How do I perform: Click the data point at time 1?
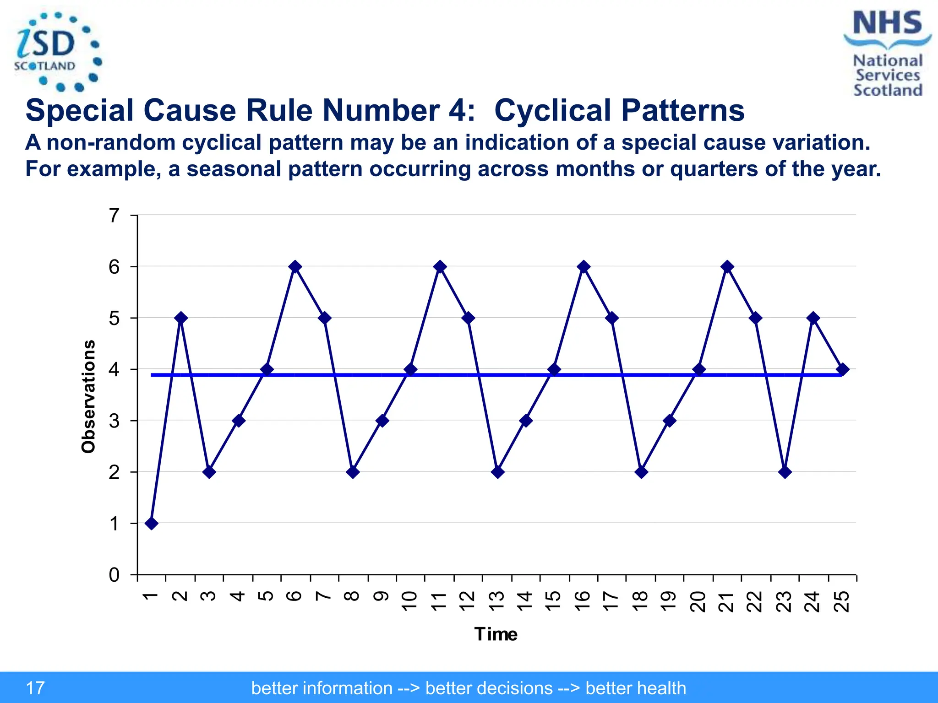click(x=152, y=523)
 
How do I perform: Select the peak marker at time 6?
click(x=295, y=266)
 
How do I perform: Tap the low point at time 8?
click(x=353, y=472)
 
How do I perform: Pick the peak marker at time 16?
click(x=584, y=266)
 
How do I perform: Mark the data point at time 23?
click(x=785, y=472)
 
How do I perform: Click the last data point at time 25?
click(x=842, y=369)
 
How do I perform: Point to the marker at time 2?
click(x=181, y=318)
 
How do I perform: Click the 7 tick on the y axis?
click(x=115, y=215)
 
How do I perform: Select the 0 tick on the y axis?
click(x=115, y=574)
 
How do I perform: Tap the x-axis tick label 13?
click(x=497, y=601)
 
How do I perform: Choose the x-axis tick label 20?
click(x=698, y=601)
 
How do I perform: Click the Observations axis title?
click(x=88, y=396)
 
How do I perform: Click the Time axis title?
click(x=496, y=634)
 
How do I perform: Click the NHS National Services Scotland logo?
click(x=887, y=53)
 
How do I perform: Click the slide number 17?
click(x=35, y=688)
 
